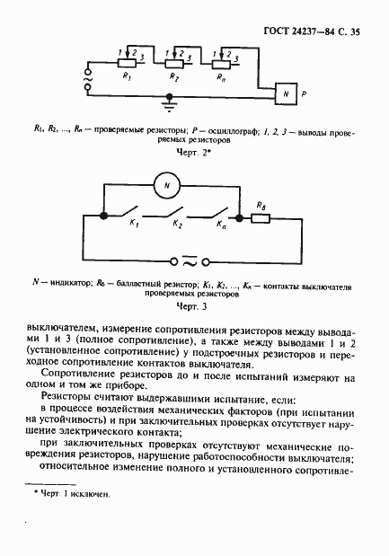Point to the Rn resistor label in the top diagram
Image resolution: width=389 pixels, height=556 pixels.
point(221,80)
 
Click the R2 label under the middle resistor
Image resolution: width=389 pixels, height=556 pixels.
point(172,80)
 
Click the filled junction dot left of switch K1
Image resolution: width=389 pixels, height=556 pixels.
point(104,216)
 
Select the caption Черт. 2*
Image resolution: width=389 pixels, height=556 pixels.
point(192,154)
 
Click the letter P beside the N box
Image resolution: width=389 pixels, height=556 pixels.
point(304,93)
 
